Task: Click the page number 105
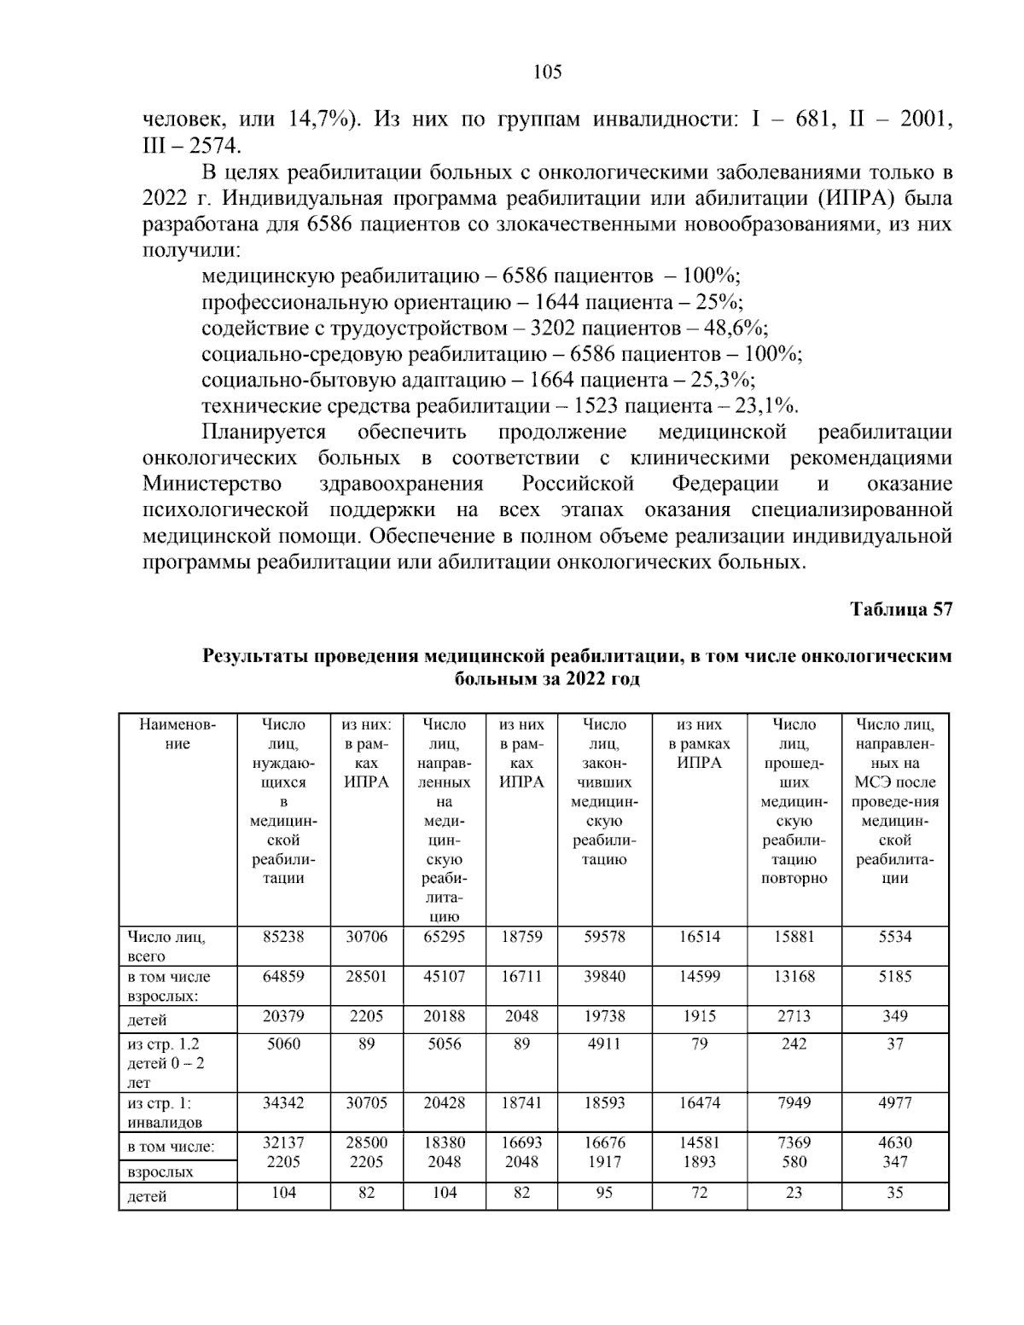[x=547, y=73]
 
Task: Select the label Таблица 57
[x=900, y=609]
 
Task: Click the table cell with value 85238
[x=283, y=937]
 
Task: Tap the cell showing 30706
[x=366, y=937]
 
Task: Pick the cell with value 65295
[x=445, y=937]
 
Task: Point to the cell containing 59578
[x=604, y=937]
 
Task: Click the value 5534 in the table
[x=894, y=937]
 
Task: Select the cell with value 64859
[x=283, y=977]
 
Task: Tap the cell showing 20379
[x=283, y=1016]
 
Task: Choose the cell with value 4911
[x=604, y=1043]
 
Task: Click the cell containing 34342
[x=283, y=1102]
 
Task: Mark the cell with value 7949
[x=794, y=1102]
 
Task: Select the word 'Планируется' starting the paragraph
[x=264, y=432]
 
